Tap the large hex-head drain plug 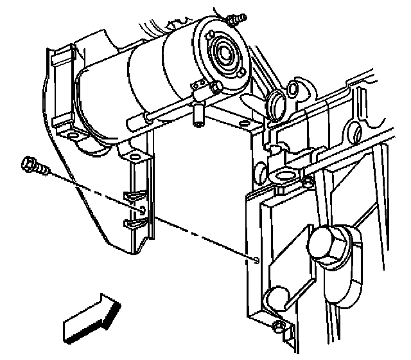328,246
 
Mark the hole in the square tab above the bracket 135,156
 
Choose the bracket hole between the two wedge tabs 143,210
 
